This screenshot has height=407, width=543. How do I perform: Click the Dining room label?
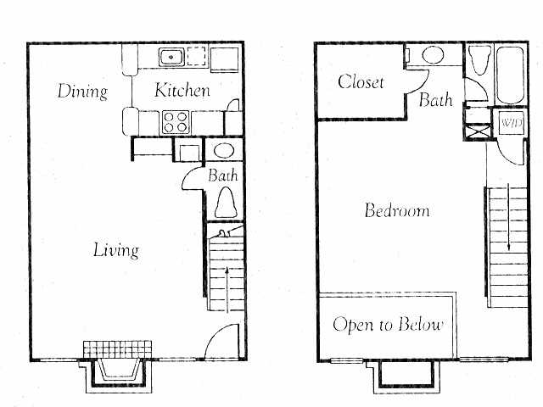click(82, 91)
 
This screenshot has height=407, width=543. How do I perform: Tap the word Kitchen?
click(182, 91)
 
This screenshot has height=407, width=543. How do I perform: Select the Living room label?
click(115, 250)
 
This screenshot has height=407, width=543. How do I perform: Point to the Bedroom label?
click(396, 210)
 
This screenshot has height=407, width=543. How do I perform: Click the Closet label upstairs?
click(361, 82)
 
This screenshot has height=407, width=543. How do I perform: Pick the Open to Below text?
click(387, 325)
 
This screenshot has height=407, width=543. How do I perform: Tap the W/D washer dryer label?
click(512, 124)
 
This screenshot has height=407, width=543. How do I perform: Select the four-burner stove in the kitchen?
click(176, 121)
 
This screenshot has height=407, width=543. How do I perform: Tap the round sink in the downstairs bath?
click(224, 151)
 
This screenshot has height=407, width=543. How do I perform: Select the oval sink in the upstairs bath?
click(434, 56)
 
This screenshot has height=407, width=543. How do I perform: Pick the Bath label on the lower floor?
click(223, 176)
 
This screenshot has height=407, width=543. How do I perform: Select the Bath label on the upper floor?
click(435, 100)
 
